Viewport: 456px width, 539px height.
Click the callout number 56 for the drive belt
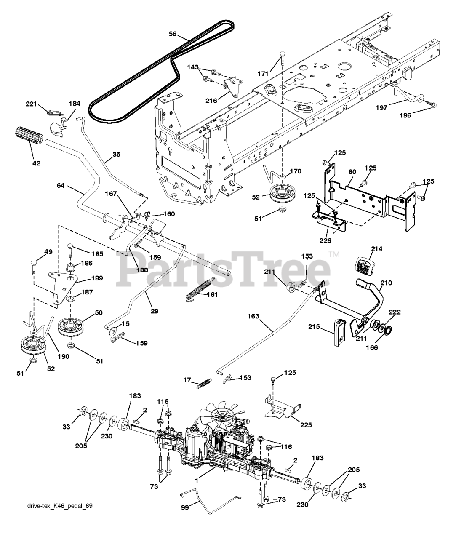[173, 34]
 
